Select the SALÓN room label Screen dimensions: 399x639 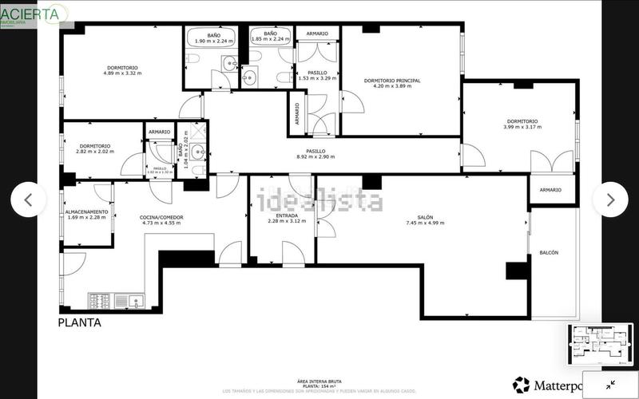[x=424, y=216]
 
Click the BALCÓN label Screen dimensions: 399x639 [x=549, y=252]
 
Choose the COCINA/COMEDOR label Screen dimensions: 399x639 [x=161, y=217]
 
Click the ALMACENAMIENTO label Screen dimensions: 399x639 [x=89, y=211]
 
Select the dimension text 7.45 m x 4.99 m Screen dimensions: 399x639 [x=424, y=223]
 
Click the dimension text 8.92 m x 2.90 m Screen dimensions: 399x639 [x=316, y=156]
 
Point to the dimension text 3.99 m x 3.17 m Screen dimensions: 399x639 [x=522, y=127]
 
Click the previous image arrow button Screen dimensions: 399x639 [x=28, y=199]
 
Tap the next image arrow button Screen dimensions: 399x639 [x=611, y=199]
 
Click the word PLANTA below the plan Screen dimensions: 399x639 [x=79, y=323]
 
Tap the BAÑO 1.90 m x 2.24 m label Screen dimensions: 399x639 [x=213, y=37]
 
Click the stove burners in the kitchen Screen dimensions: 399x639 [x=99, y=301]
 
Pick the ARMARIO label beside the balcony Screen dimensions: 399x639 [x=550, y=190]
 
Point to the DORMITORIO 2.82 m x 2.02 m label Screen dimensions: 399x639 [x=94, y=148]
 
